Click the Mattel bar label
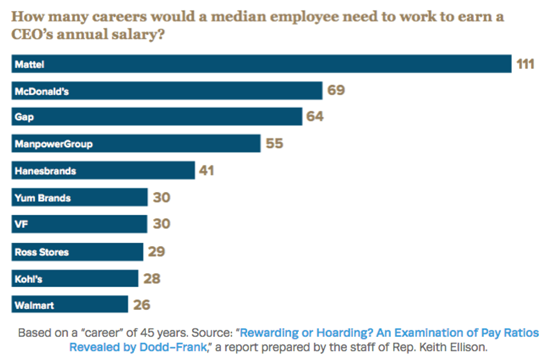click(29, 64)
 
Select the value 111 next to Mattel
click(525, 64)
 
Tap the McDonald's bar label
click(42, 91)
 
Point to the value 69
click(336, 90)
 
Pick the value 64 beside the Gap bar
click(315, 117)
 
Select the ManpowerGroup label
click(54, 144)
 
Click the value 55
click(274, 143)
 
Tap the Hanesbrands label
click(45, 170)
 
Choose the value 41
click(207, 170)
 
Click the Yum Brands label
click(43, 198)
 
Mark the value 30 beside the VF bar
click(162, 224)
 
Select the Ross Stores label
click(42, 252)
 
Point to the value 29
click(157, 251)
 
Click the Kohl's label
click(28, 278)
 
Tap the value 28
click(152, 278)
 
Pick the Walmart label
click(34, 305)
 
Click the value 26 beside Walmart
click(142, 305)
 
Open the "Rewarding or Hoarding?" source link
click(389, 333)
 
